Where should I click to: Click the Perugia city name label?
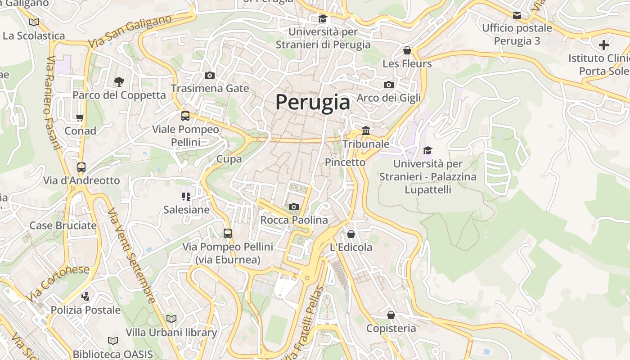[312, 102]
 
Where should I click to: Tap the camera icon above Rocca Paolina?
[294, 207]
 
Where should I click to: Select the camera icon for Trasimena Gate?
[209, 75]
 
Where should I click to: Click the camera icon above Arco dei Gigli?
[389, 85]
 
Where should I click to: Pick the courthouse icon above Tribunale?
[366, 131]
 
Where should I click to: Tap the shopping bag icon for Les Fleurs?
[407, 50]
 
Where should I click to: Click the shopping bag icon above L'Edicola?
[351, 234]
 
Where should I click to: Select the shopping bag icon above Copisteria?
[391, 315]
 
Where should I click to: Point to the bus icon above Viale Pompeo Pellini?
[185, 116]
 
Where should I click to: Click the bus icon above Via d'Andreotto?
[81, 167]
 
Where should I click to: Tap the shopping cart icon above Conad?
[80, 118]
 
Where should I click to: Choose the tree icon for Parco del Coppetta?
[119, 81]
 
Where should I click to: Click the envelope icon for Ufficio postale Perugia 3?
[517, 15]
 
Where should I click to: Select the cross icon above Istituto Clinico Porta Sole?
[604, 45]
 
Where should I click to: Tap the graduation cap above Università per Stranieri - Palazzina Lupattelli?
[427, 150]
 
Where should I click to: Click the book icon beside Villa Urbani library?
[171, 319]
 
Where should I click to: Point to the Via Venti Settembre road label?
[131, 256]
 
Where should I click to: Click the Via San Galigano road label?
[130, 31]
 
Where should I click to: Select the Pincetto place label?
[345, 162]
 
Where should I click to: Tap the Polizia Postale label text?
[85, 310]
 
